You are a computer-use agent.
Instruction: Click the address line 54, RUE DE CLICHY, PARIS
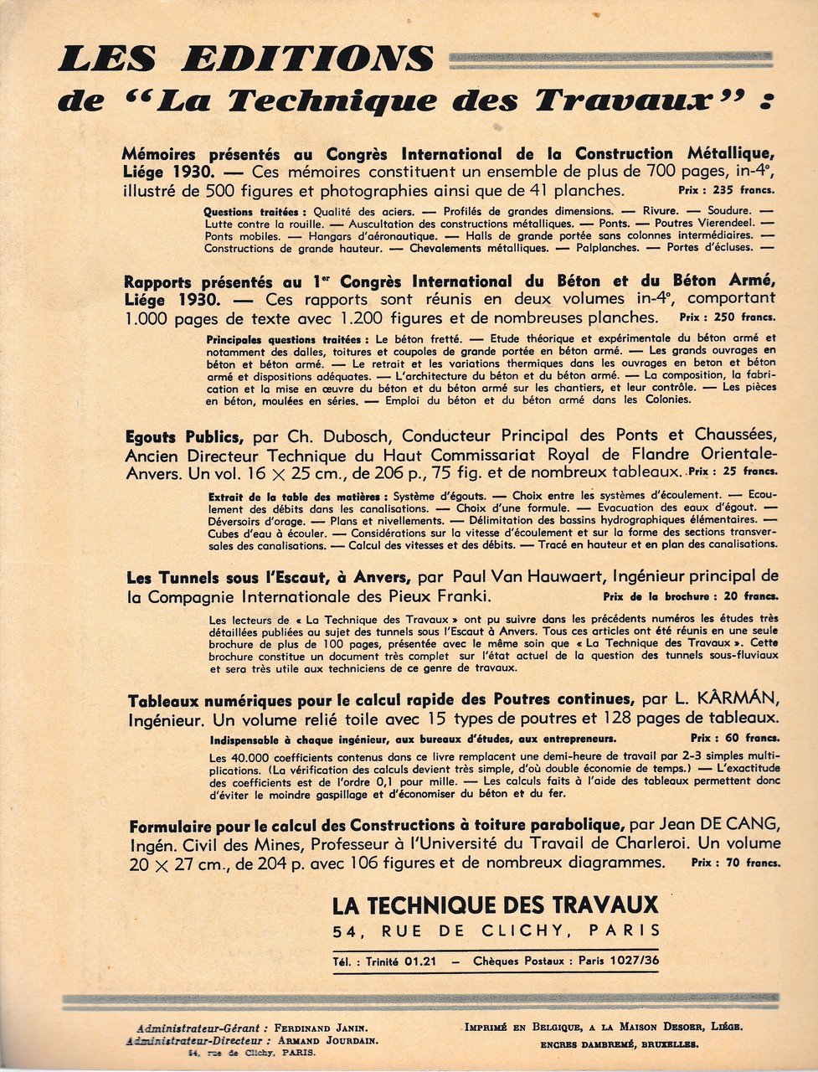click(x=495, y=930)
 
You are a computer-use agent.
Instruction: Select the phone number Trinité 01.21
click(x=400, y=962)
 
